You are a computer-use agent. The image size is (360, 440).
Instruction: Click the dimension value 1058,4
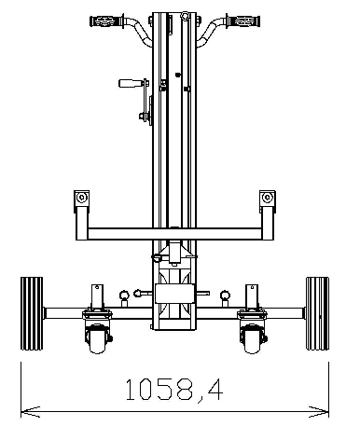[x=174, y=388]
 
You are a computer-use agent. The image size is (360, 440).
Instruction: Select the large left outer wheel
[x=32, y=313]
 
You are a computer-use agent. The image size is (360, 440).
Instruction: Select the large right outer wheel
[x=317, y=313]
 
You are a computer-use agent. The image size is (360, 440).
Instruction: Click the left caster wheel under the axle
[x=96, y=340]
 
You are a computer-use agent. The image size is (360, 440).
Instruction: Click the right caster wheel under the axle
[x=252, y=340]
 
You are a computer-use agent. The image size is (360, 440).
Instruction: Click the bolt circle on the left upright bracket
[x=81, y=198]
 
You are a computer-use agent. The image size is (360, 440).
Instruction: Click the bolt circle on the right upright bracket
[x=269, y=198]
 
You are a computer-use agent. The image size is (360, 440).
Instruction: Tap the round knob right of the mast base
[x=224, y=297]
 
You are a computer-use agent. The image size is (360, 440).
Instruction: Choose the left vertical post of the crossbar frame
[x=81, y=216]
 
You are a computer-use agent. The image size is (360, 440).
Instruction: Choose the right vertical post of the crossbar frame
[x=269, y=216]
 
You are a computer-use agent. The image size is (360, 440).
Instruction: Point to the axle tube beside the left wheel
[x=61, y=313]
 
